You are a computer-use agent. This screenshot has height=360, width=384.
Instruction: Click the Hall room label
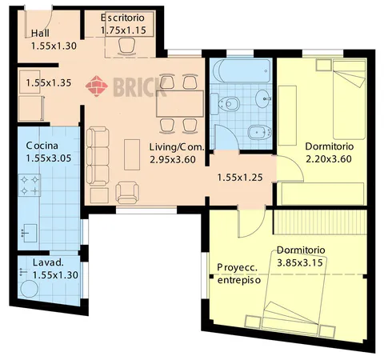40,34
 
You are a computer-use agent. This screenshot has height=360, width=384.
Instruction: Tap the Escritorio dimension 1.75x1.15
123,30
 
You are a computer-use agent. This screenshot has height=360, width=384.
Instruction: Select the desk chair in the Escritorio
126,46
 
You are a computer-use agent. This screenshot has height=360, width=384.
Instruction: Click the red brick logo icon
97,86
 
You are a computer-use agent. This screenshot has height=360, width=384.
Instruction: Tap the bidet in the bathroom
259,133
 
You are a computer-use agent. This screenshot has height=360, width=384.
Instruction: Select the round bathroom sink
263,98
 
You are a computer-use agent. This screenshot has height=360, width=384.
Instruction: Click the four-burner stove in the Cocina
30,185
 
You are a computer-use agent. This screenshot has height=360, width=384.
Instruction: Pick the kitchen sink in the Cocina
30,233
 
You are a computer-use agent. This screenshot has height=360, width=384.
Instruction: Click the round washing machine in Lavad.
30,289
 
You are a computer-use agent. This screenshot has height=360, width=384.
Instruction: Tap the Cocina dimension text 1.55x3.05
49,158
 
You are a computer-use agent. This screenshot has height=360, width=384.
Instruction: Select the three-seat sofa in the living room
98,156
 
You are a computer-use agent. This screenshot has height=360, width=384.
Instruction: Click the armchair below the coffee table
127,193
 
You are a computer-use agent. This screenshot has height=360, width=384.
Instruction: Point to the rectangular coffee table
132,154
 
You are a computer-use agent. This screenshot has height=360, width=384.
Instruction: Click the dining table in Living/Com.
180,103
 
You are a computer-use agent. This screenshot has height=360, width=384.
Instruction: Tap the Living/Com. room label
177,147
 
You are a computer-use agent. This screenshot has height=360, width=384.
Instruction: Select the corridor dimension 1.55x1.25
240,178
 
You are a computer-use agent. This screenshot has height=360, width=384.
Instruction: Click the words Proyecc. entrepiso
239,274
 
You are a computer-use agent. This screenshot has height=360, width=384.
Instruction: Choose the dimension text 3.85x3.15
300,262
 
